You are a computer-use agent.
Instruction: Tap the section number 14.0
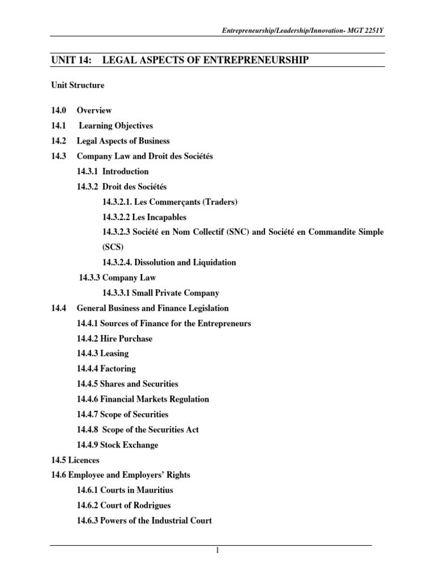59,111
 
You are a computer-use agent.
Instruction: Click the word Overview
94,111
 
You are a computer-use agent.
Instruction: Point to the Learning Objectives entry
116,126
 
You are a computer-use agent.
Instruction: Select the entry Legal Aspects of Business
123,141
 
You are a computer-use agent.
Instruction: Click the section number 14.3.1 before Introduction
87,171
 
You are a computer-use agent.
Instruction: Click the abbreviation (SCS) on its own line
113,247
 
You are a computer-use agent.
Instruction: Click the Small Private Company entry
176,293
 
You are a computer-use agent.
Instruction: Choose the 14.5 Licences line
75,460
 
